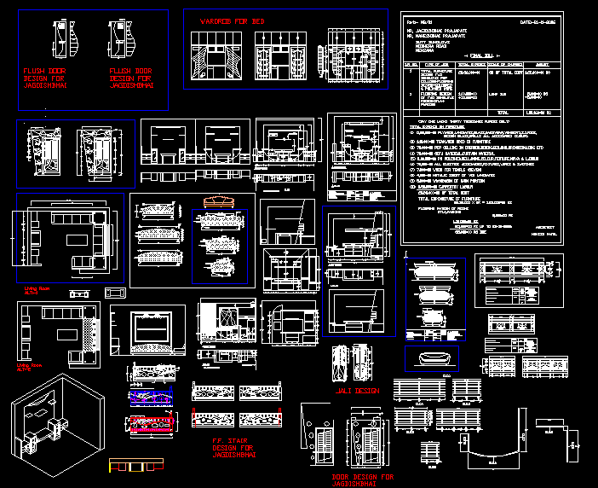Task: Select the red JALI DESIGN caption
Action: point(355,390)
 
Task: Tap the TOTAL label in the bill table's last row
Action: point(503,112)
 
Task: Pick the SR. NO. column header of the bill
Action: point(411,64)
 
